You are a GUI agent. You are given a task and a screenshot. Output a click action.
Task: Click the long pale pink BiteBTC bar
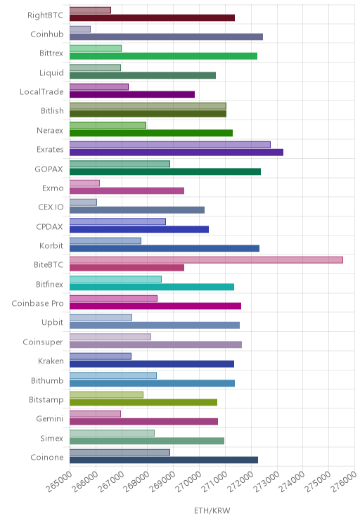click(206, 260)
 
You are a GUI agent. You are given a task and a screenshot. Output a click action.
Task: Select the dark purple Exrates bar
click(176, 152)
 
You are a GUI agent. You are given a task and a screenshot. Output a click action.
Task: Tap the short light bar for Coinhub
click(80, 30)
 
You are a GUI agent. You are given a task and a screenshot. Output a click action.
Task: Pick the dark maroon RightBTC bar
click(152, 18)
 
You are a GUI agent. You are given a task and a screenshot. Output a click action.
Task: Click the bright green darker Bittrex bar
click(164, 56)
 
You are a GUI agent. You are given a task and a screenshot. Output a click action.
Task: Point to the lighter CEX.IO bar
click(83, 202)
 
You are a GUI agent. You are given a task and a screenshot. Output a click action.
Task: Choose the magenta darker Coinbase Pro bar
click(155, 306)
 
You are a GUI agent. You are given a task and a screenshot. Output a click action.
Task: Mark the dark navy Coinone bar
click(164, 460)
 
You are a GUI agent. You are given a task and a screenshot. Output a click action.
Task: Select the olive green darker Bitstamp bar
click(143, 402)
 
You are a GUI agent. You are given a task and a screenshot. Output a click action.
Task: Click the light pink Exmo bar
click(85, 183)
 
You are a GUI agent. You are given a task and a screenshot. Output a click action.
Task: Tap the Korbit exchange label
click(51, 245)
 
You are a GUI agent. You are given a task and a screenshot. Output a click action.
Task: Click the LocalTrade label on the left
click(41, 91)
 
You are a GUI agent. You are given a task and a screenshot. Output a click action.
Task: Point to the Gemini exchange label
click(49, 418)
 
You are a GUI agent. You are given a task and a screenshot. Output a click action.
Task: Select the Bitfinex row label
click(49, 284)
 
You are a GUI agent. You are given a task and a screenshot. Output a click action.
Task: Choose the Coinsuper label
click(43, 342)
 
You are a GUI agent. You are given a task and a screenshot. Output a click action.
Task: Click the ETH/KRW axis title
click(212, 510)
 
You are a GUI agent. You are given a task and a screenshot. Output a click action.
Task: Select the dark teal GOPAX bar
click(165, 172)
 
